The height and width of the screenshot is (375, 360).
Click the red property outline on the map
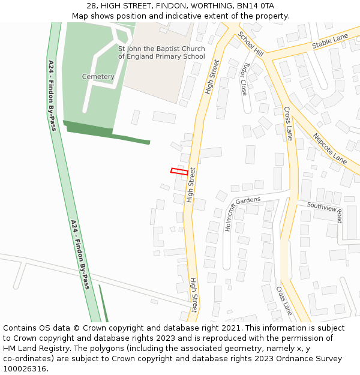point(179,172)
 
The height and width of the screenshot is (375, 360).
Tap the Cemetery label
point(98,77)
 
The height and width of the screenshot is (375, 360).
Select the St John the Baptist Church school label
point(161,53)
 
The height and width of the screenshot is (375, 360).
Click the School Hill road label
point(250,44)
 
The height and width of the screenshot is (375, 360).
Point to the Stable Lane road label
point(329,41)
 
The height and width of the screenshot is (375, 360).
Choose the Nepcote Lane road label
point(329,148)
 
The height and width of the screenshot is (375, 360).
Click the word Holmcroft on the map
point(229,217)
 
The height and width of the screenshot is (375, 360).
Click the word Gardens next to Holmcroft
point(248,200)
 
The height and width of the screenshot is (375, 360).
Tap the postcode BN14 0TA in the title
point(256,6)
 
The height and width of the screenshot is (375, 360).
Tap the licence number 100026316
point(26,369)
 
